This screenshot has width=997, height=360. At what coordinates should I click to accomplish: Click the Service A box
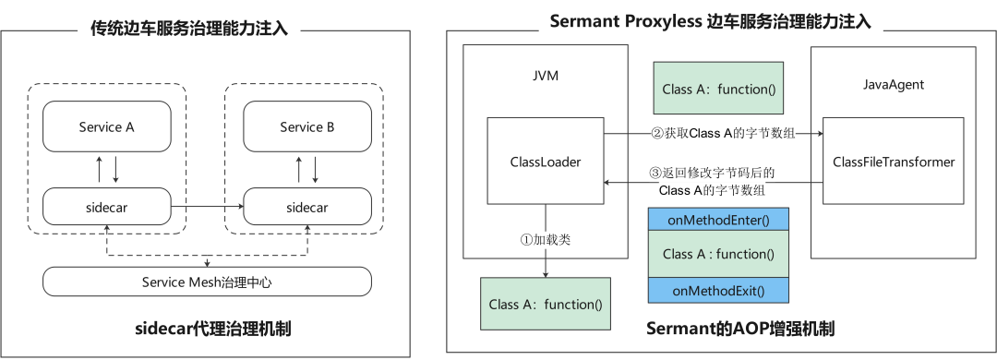coord(106,127)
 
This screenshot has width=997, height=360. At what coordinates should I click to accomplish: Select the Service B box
coord(306,127)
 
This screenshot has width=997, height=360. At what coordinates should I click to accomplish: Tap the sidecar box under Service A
coord(106,207)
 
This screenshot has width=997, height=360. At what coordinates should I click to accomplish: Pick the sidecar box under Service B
coord(306,207)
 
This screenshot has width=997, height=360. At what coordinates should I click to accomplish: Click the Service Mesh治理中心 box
coord(207,282)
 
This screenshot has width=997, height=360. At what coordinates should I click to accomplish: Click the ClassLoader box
coord(546,162)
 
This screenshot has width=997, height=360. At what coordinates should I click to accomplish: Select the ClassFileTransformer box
coord(893,162)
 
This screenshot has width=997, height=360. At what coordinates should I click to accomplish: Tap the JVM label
coord(546,75)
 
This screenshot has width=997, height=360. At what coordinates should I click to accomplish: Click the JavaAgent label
coord(893,84)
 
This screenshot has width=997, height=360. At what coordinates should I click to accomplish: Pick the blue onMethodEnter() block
coord(718,220)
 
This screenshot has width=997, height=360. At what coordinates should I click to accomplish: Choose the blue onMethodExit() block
coord(718,291)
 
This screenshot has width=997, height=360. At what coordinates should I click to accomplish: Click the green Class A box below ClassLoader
coord(546,304)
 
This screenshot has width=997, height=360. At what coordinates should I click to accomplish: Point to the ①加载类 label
coord(546,239)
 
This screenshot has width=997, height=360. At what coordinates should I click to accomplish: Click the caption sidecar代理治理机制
coord(207,329)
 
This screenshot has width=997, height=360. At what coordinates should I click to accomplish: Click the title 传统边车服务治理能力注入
coord(189,29)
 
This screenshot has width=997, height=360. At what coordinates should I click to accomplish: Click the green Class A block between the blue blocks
coord(718,254)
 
